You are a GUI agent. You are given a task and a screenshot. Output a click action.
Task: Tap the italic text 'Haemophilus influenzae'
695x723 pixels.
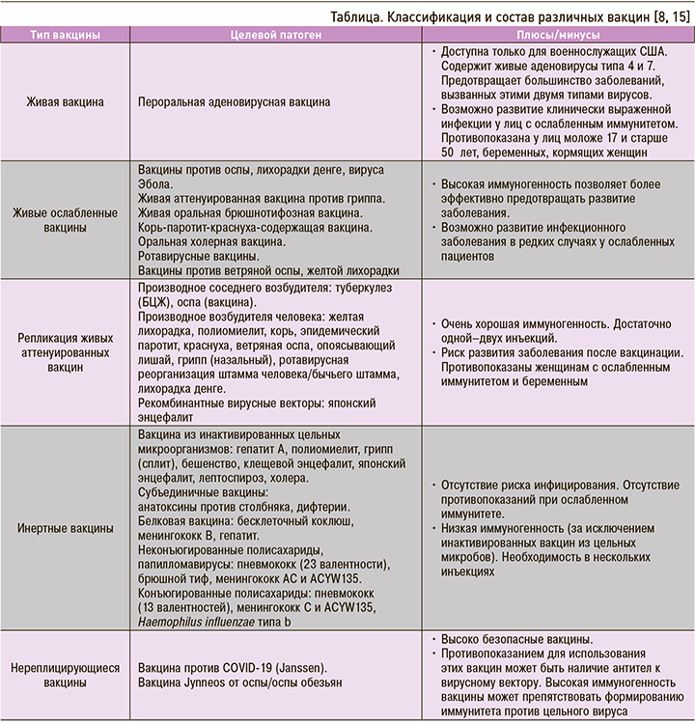coord(200,623)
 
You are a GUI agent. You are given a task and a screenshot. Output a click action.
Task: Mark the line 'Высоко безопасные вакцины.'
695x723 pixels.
coord(518,638)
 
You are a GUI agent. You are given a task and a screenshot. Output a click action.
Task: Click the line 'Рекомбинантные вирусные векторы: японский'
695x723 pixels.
coord(257,403)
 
